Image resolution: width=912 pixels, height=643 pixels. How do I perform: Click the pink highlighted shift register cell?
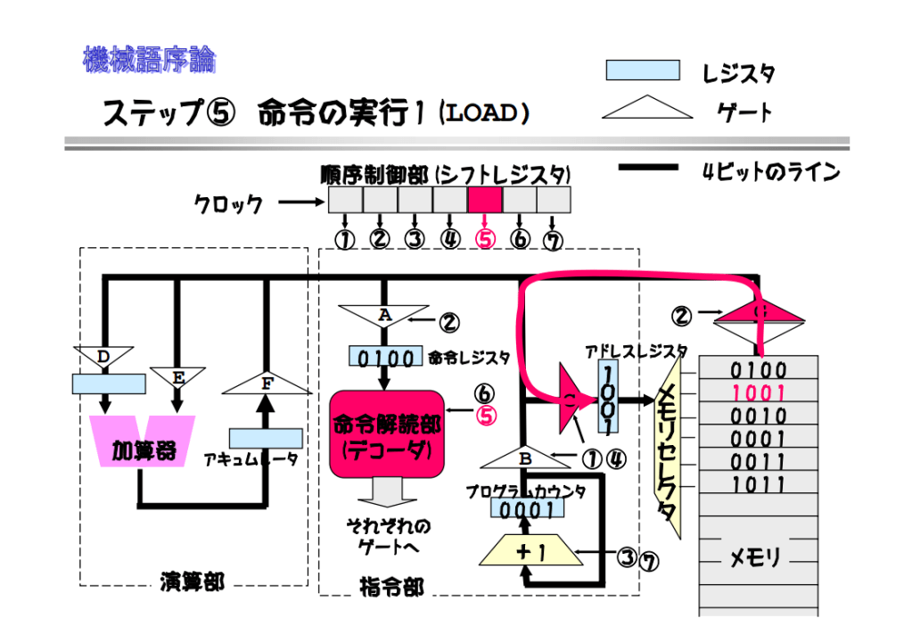pos(484,199)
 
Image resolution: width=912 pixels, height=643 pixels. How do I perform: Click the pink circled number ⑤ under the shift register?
pos(485,238)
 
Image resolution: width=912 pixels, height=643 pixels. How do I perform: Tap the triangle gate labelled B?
pos(524,458)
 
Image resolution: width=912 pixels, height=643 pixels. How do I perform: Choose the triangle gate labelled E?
pos(178,377)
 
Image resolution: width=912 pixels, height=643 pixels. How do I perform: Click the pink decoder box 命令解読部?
pos(386,438)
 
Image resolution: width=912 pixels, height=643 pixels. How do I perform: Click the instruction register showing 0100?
pos(385,358)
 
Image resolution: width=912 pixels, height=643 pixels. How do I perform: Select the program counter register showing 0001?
pos(526,510)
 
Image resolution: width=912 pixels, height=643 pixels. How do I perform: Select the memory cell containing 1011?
pos(759,485)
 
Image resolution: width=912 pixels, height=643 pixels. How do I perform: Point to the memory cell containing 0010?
pos(759,416)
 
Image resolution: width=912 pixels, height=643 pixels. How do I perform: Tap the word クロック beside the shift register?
pos(228,204)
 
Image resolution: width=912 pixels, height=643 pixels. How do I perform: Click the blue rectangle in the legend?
pos(642,70)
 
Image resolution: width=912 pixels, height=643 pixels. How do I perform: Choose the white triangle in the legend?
pos(647,109)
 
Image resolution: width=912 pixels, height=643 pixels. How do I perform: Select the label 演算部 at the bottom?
pos(192,583)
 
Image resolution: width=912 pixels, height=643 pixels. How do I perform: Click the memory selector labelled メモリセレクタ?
pos(667,446)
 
